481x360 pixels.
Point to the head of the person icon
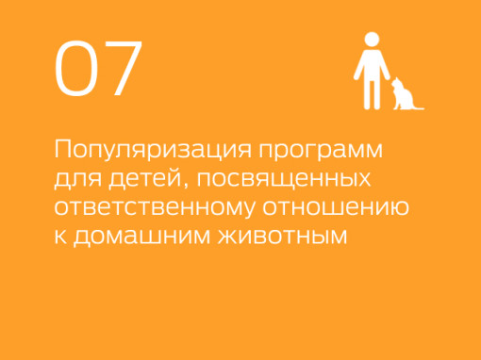pyautogui.click(x=373, y=41)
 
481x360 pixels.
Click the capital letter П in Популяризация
pyautogui.click(x=64, y=151)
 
